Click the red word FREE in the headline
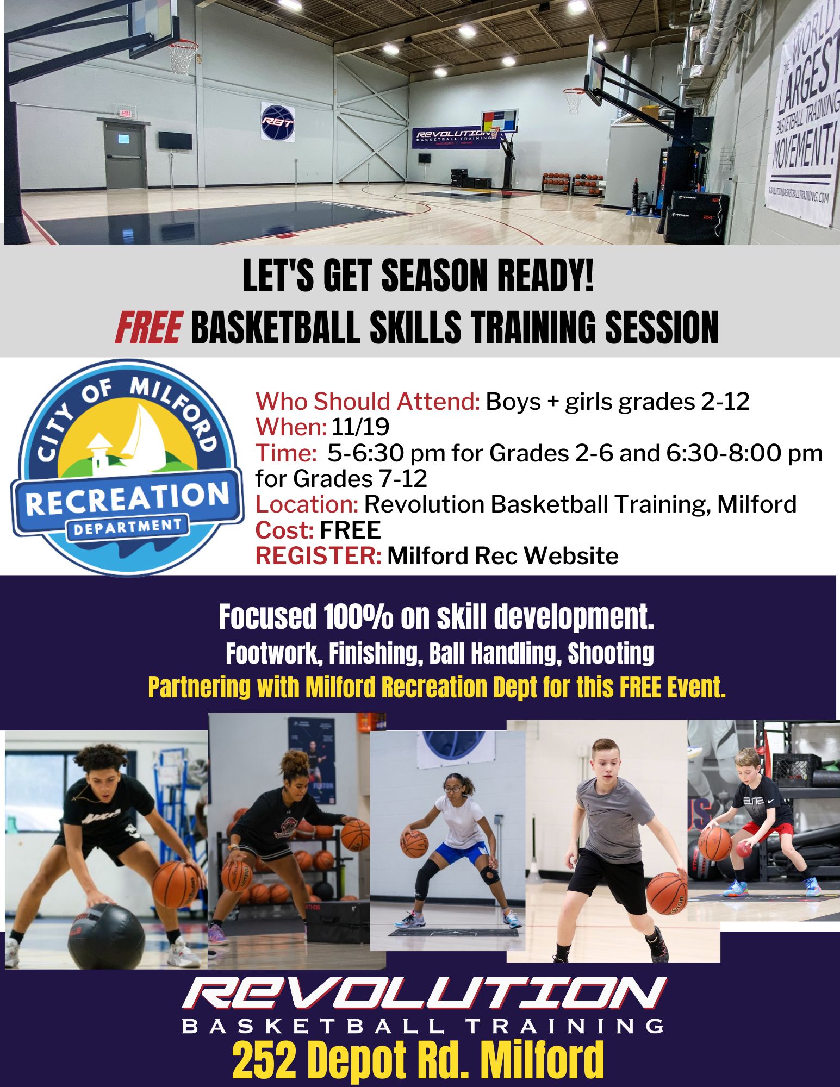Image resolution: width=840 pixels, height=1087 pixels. tap(148, 328)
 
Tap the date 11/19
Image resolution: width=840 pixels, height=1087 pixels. tap(360, 427)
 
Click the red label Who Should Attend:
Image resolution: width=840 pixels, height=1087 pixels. tap(368, 402)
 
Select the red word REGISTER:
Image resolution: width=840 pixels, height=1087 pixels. tap(319, 555)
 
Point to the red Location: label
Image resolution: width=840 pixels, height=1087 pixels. tap(307, 504)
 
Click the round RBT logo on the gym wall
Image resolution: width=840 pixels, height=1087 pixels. tap(277, 122)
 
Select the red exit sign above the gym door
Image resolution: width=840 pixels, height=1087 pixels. tap(126, 114)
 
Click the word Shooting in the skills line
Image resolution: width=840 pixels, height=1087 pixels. tap(610, 654)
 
